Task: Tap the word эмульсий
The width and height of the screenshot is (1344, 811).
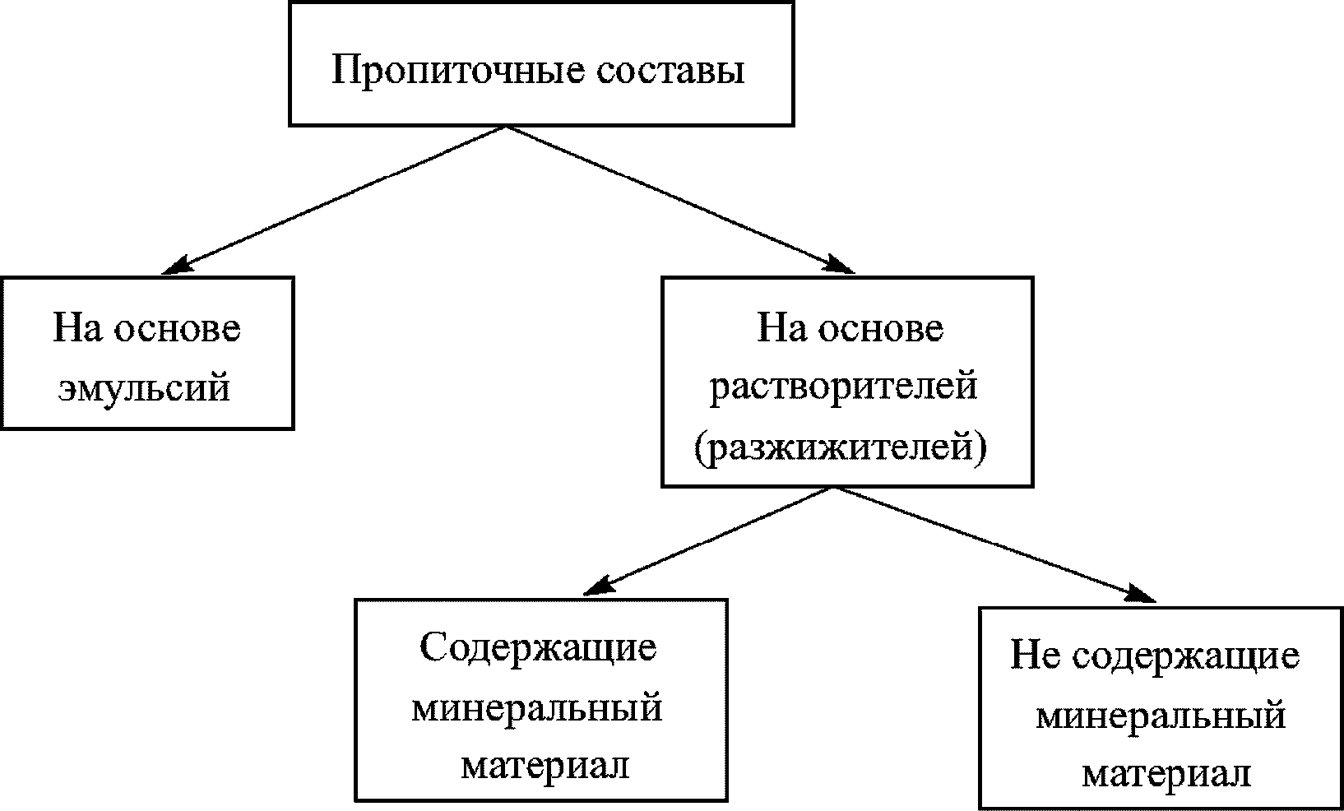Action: pos(144,387)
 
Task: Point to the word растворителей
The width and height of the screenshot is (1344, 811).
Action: pos(844,385)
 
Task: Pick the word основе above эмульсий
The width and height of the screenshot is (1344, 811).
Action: pos(177,327)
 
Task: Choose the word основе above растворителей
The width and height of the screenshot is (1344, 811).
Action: pos(880,327)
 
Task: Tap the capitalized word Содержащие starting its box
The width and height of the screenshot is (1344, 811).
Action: pos(538,647)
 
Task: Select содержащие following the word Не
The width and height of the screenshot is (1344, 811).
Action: pos(1187,656)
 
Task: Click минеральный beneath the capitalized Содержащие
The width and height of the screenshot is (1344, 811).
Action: pos(536,707)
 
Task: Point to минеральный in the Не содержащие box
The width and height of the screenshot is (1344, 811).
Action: pos(1161,715)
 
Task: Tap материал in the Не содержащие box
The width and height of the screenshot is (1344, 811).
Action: pos(1166,774)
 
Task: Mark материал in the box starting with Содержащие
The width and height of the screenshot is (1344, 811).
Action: pos(545,766)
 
